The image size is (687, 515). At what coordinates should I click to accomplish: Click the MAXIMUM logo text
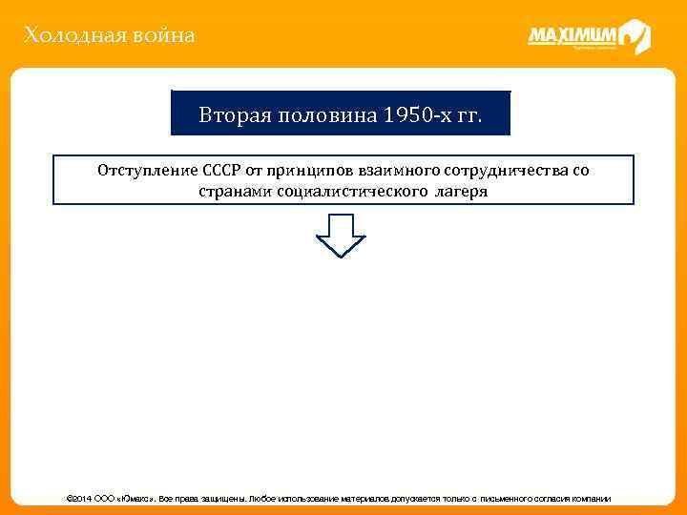[x=572, y=36]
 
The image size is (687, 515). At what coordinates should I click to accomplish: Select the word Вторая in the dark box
[x=228, y=116]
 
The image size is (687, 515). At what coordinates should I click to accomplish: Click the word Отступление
[x=146, y=171]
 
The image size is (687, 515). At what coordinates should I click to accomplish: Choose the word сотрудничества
[x=507, y=171]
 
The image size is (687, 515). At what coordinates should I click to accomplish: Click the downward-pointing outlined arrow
[x=341, y=235]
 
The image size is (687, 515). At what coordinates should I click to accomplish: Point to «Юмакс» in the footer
[x=139, y=499]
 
